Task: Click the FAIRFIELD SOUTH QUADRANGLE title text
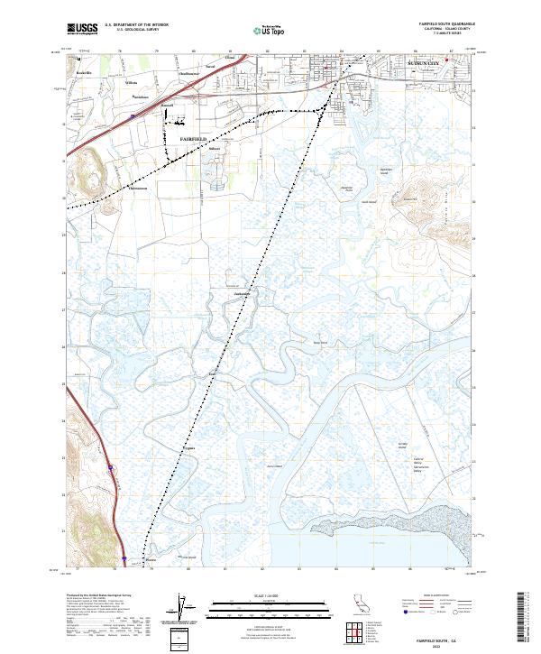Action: (448, 23)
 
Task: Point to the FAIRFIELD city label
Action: (194, 139)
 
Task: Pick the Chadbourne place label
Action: (189, 74)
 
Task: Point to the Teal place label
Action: (214, 371)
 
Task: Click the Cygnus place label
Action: (188, 447)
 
